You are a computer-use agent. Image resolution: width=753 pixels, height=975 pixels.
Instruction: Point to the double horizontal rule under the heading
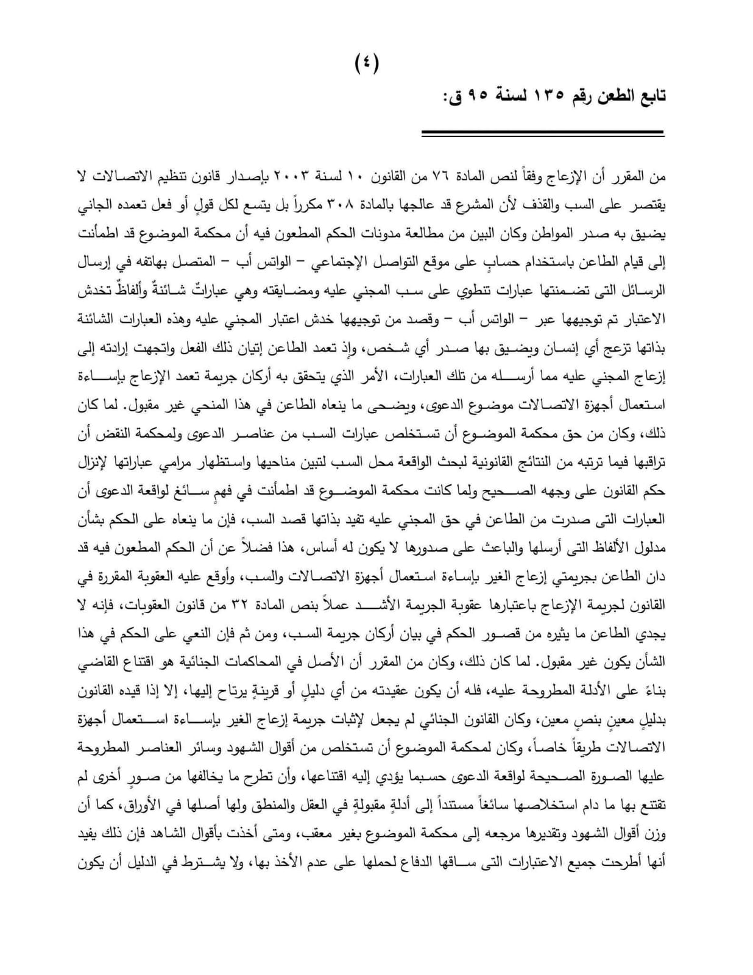point(542,133)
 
